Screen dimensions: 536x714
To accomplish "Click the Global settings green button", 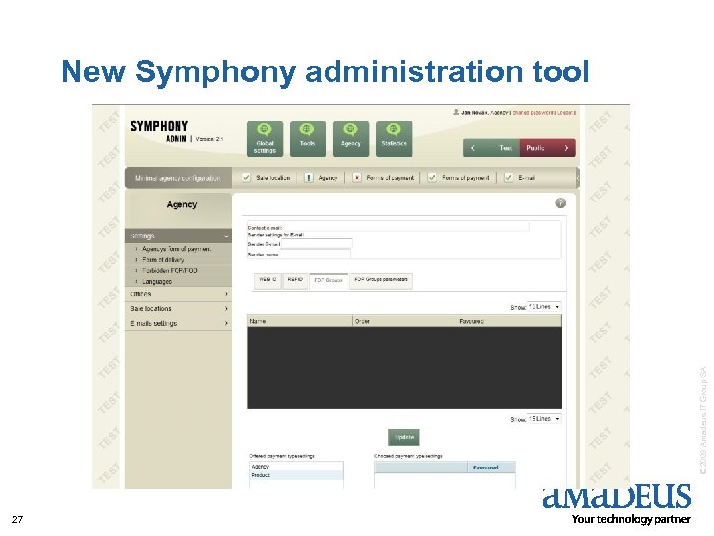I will pyautogui.click(x=265, y=138).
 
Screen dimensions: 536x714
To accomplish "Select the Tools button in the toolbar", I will pyautogui.click(x=307, y=138).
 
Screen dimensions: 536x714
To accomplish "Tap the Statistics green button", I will pyautogui.click(x=394, y=138).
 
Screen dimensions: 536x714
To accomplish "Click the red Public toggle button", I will pyautogui.click(x=535, y=148).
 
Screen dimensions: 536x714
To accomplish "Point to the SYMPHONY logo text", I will pyautogui.click(x=159, y=127).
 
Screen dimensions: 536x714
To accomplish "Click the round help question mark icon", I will pyautogui.click(x=561, y=201).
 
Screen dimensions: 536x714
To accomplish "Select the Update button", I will pyautogui.click(x=404, y=437).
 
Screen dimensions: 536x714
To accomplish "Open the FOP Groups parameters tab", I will pyautogui.click(x=381, y=280).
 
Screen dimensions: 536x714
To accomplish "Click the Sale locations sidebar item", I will pyautogui.click(x=151, y=308).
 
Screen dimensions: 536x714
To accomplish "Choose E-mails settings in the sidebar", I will pyautogui.click(x=154, y=323).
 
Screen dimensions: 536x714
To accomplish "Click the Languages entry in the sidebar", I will pyautogui.click(x=157, y=282).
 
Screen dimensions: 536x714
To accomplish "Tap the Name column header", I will pyautogui.click(x=258, y=321).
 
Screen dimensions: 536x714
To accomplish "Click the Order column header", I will pyautogui.click(x=363, y=321).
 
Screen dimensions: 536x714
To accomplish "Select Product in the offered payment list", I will pyautogui.click(x=260, y=475).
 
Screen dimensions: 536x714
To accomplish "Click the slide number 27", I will pyautogui.click(x=17, y=519).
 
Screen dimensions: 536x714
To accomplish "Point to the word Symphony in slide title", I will pyautogui.click(x=215, y=72).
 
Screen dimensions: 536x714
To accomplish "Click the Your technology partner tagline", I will pyautogui.click(x=632, y=519).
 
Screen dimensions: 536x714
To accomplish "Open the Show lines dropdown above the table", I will pyautogui.click(x=544, y=307).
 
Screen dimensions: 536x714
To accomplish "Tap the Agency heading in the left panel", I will pyautogui.click(x=181, y=204).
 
